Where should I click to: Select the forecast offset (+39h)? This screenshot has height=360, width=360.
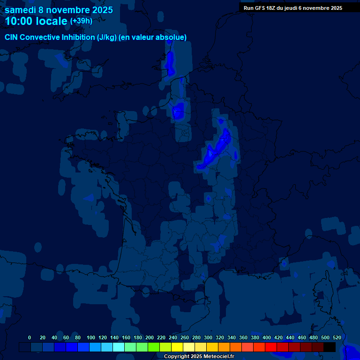[81, 21]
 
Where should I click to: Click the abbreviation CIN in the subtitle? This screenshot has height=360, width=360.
[12, 37]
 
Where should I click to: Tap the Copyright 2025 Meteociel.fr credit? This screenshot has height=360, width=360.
[199, 356]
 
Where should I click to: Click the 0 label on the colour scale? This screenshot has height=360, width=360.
[30, 337]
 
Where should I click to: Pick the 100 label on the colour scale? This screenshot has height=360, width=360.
[91, 337]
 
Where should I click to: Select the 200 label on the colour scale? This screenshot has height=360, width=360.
[150, 337]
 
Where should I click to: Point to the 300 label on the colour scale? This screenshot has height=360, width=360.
[208, 337]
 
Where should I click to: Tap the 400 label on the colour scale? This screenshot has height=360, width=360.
[267, 337]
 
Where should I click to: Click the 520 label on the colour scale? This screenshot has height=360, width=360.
[337, 337]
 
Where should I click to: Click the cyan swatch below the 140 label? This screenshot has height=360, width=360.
[119, 347]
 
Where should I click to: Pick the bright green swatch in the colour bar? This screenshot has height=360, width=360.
[154, 347]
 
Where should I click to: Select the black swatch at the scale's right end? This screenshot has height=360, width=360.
[330, 347]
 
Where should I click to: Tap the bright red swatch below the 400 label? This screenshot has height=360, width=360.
[271, 347]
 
